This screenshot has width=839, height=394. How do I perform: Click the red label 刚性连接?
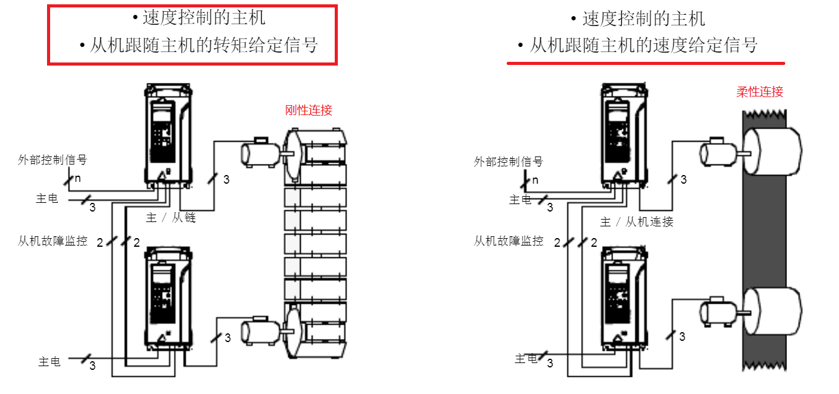pos(308,110)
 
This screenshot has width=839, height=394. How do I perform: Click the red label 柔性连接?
pos(759,92)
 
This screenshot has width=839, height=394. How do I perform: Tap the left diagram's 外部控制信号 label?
pos(53,160)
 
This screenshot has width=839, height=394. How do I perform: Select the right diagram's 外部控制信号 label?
pos(508,161)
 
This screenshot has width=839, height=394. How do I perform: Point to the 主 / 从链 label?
pos(171,218)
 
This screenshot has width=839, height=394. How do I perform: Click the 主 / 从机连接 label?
pos(637,221)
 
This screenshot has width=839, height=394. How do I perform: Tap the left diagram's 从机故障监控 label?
pos(53,241)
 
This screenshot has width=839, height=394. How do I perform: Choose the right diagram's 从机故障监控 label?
pos(508,241)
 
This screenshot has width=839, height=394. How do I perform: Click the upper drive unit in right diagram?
pos(624,133)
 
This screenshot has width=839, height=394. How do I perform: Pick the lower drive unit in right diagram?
pos(624,296)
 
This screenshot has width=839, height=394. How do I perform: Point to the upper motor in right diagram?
pos(716,152)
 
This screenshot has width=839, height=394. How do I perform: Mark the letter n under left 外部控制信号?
pos(78,179)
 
